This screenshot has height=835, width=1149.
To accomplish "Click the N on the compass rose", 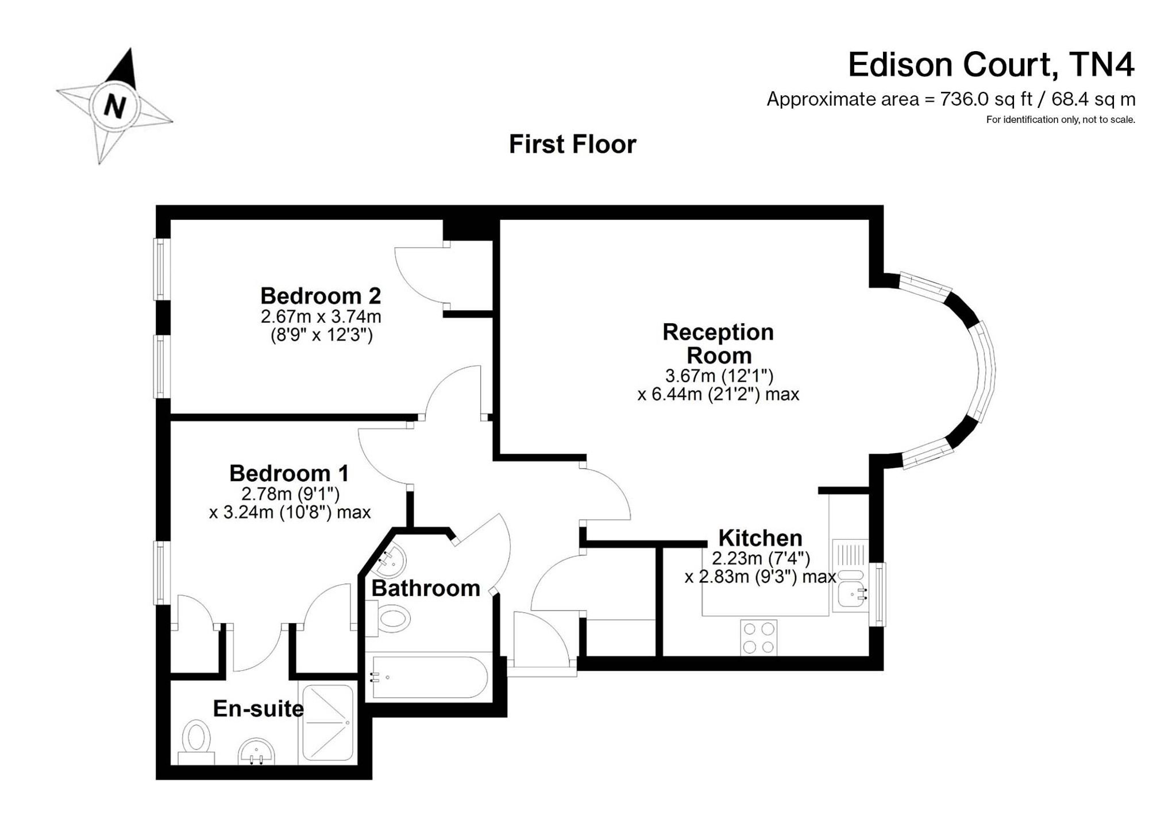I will pyautogui.click(x=115, y=106).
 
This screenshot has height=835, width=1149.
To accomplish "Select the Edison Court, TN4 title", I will pyautogui.click(x=991, y=65).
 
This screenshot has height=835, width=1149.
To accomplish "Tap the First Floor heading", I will pyautogui.click(x=572, y=144).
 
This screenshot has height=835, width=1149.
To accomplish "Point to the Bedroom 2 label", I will pyautogui.click(x=321, y=296).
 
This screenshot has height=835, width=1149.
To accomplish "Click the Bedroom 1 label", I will pyautogui.click(x=289, y=473).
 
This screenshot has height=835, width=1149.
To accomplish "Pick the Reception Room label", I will pyautogui.click(x=718, y=343).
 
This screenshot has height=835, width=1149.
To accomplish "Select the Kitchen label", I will pyautogui.click(x=760, y=538).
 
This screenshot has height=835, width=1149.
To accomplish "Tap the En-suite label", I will pyautogui.click(x=258, y=709).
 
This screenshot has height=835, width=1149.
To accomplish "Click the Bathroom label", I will pyautogui.click(x=426, y=588).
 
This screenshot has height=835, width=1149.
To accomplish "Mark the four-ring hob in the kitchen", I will pyautogui.click(x=758, y=637).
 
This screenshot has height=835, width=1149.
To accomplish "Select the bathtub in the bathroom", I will pyautogui.click(x=430, y=677).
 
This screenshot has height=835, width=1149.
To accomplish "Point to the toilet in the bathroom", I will pyautogui.click(x=392, y=618).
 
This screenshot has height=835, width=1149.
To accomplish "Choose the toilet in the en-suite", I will pyautogui.click(x=196, y=739).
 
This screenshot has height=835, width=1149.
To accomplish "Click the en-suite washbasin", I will pyautogui.click(x=256, y=752).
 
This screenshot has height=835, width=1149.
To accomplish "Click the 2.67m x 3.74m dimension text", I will pyautogui.click(x=321, y=316).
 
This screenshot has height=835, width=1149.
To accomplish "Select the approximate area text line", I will pyautogui.click(x=951, y=99).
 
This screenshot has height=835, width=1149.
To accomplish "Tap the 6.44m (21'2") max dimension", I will pyautogui.click(x=718, y=395).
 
